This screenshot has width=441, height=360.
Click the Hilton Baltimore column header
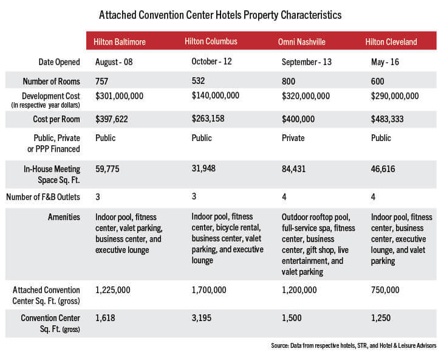(x=120, y=42)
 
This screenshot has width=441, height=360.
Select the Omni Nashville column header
(x=302, y=42)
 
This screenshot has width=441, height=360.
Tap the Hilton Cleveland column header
(x=391, y=42)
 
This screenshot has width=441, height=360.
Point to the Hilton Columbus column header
(x=211, y=41)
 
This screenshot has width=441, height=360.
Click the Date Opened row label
(x=59, y=62)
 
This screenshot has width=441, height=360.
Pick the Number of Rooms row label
(x=52, y=81)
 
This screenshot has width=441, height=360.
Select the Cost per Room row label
(x=56, y=119)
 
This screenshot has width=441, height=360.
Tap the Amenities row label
(x=64, y=217)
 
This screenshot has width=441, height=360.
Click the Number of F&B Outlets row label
(x=43, y=197)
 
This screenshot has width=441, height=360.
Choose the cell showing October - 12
(x=211, y=61)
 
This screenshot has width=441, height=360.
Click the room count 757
(x=101, y=81)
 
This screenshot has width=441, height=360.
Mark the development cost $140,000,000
(x=216, y=95)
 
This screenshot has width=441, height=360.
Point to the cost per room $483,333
(x=387, y=119)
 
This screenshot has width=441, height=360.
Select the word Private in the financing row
(x=293, y=138)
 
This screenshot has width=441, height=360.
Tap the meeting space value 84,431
(x=293, y=169)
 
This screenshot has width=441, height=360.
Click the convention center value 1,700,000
(x=209, y=290)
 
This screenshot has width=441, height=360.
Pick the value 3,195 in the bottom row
(x=202, y=318)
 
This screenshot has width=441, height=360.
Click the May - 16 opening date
(x=385, y=62)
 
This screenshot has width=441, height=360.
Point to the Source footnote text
(x=354, y=345)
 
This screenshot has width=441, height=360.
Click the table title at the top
(x=220, y=15)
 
